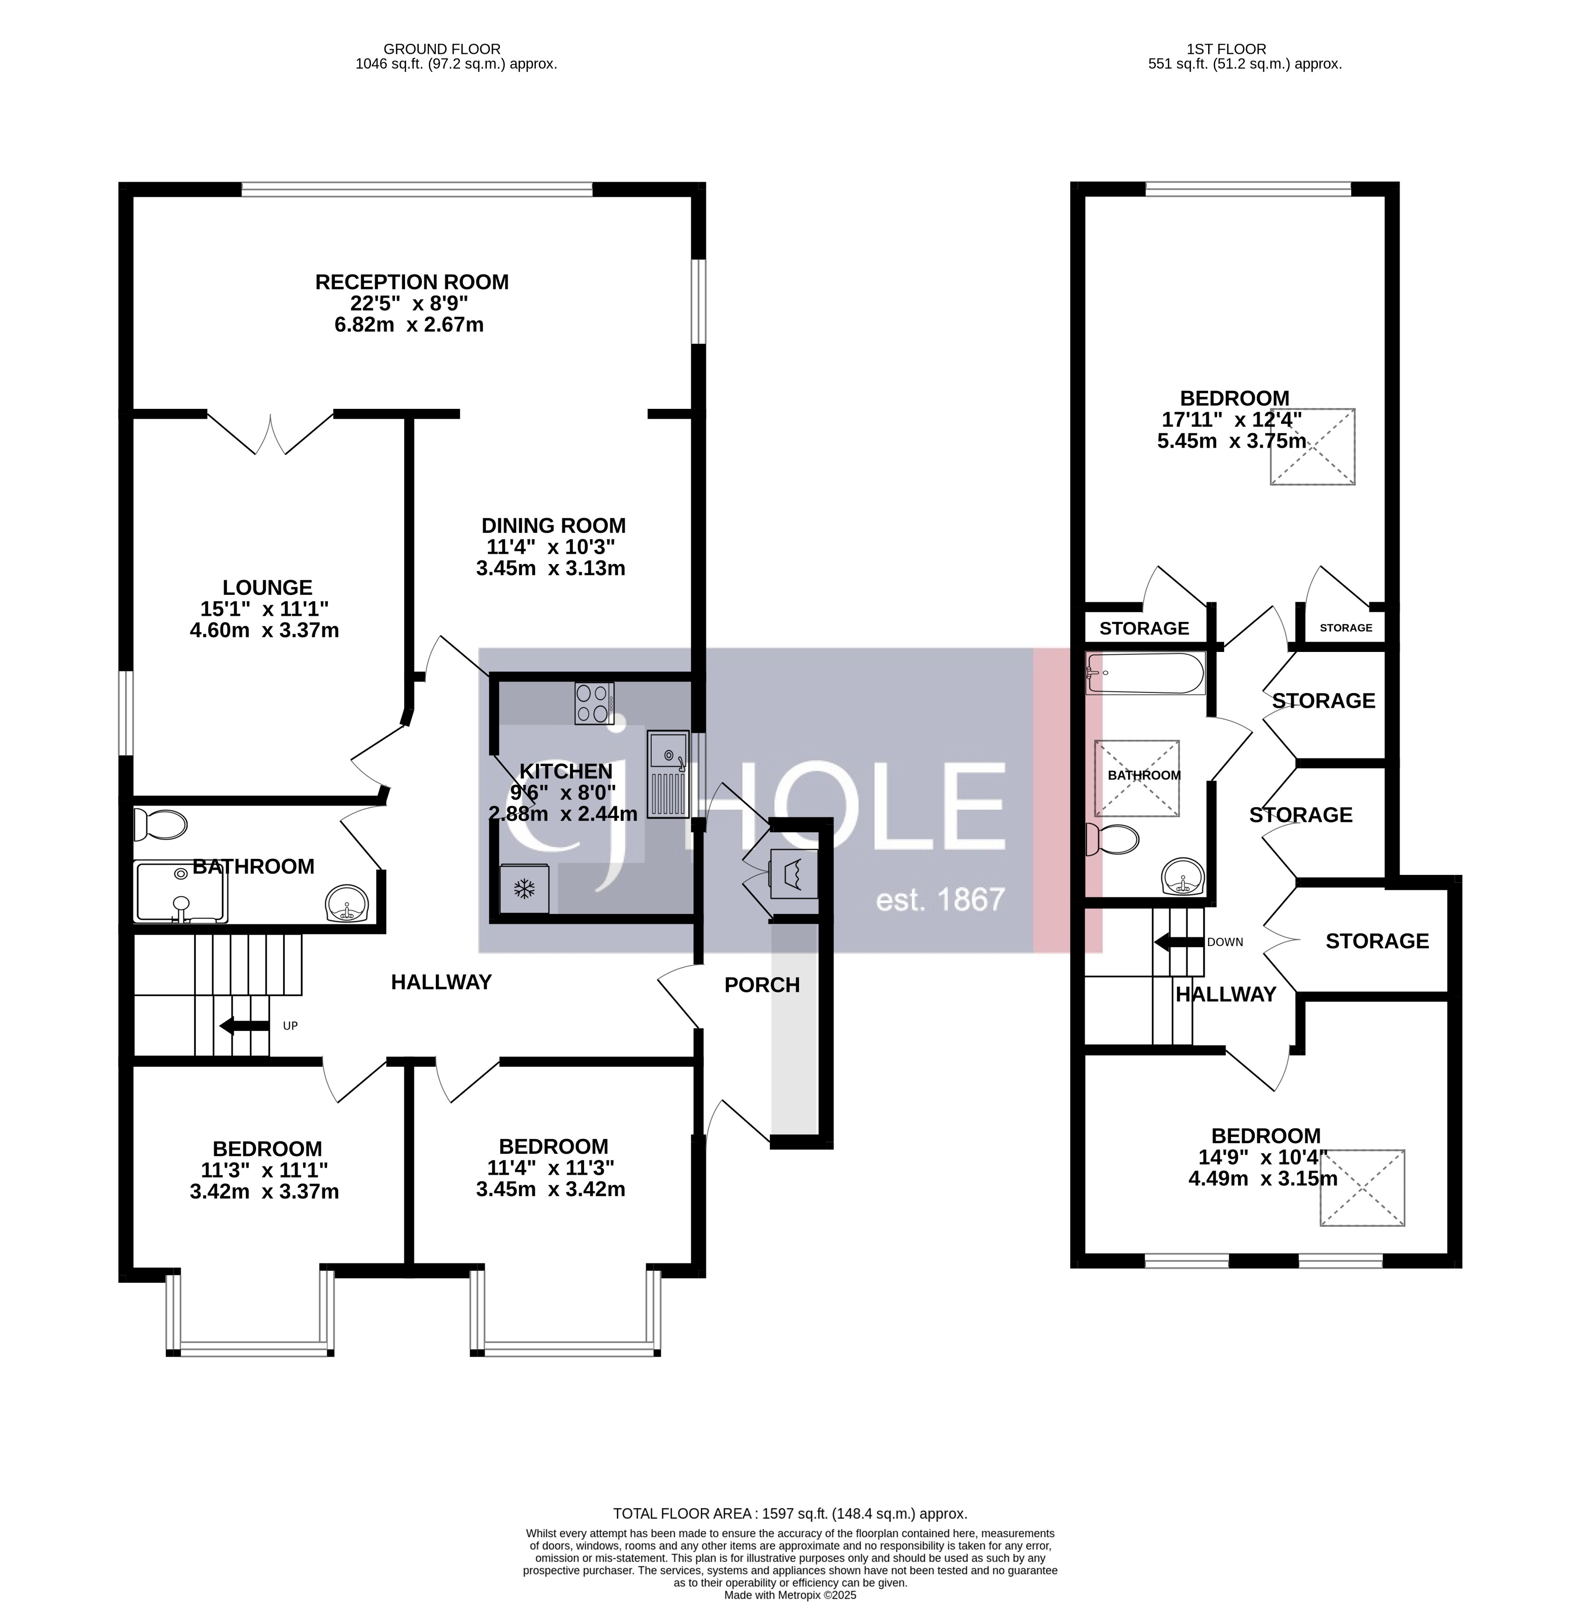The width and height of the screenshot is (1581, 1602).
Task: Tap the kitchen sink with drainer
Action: [x=667, y=773]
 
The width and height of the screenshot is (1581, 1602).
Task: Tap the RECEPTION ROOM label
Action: [x=411, y=282]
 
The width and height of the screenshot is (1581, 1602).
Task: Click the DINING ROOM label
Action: [x=553, y=526]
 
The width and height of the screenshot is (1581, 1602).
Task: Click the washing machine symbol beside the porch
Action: [x=794, y=873]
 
